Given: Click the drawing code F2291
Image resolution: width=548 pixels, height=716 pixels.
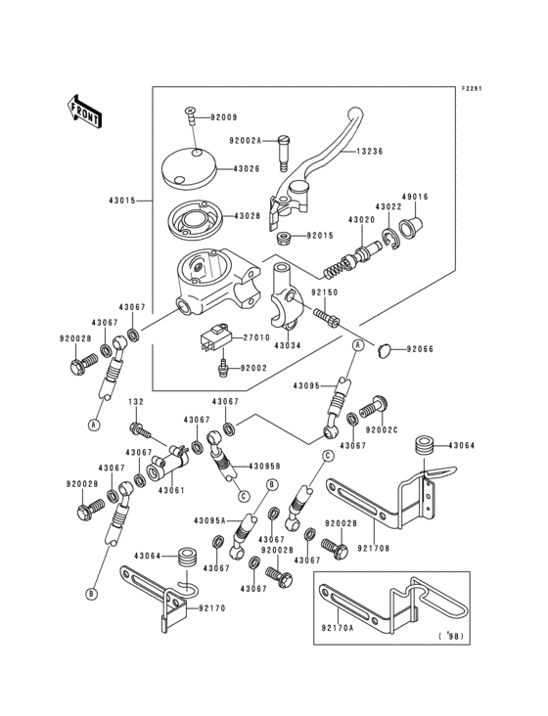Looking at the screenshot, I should pos(473,88).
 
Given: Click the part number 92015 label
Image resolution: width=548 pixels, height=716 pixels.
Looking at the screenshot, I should pos(320,236).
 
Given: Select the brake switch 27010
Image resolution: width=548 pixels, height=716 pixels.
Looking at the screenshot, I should pos(209,342).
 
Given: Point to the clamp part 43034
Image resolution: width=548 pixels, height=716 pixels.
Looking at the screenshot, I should pos(285,298).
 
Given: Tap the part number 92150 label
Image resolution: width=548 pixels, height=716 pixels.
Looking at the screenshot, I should pos(324,292).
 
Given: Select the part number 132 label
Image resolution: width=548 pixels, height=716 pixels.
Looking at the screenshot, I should pos(136,402).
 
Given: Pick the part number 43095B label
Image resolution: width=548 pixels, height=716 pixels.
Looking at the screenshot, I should pos(264,466).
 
